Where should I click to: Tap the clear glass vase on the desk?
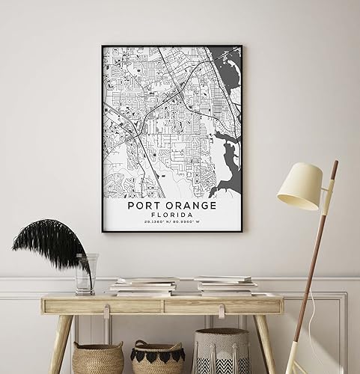[x=85, y=274]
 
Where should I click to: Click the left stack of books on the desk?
[x=144, y=286]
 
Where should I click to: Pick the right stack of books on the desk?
[x=225, y=285]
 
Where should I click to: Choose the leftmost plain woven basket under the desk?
[x=97, y=358]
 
